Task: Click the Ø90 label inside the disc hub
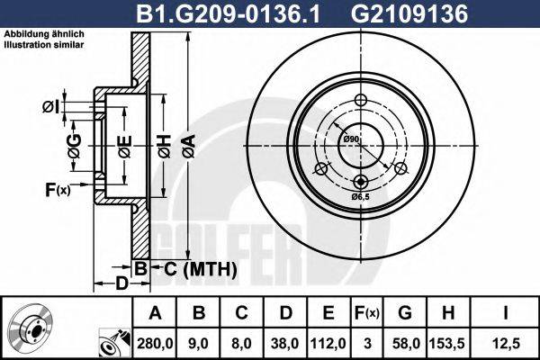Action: coord(351,139)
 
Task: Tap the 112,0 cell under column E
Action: coord(328,341)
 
